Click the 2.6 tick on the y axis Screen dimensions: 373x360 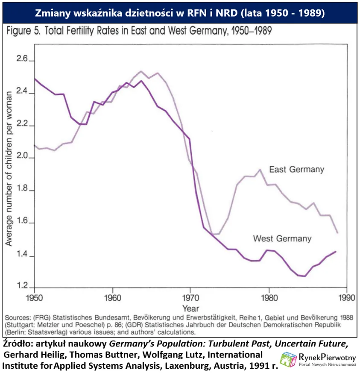(x=22, y=60)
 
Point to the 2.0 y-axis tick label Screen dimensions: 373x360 (x=22, y=158)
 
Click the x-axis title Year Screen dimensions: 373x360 (x=190, y=308)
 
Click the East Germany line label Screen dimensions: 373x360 (x=296, y=170)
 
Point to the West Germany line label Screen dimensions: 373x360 (x=282, y=238)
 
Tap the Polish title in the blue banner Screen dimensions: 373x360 (x=180, y=13)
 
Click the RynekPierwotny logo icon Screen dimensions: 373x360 (x=288, y=359)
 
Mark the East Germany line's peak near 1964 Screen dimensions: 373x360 (x=141, y=71)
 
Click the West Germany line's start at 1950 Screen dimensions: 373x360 (x=34, y=79)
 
